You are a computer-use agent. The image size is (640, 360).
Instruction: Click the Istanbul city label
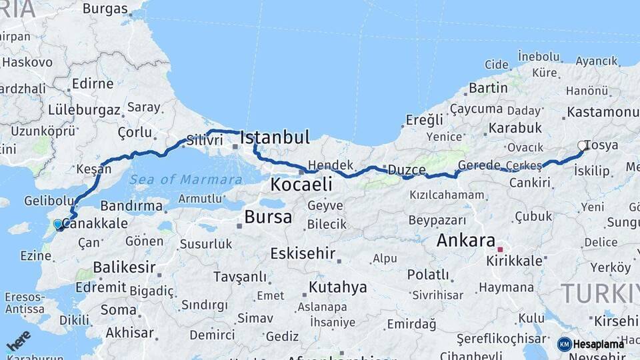[275, 138]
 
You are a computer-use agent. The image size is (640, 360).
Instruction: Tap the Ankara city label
[466, 241]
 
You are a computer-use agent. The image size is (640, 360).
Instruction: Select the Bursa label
[268, 217]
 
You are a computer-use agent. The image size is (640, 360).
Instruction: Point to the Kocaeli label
[301, 184]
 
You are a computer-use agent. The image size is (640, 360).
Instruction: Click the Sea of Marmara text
[185, 179]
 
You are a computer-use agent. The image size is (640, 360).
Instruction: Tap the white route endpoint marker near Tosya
[583, 145]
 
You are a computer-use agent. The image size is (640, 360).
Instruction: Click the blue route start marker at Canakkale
[58, 225]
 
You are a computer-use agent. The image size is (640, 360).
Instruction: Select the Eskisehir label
[303, 253]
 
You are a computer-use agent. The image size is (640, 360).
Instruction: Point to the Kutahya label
[337, 287]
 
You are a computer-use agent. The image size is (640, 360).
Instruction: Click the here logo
[18, 341]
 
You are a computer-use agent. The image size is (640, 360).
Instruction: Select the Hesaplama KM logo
[591, 344]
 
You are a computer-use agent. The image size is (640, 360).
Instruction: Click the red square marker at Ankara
[500, 249]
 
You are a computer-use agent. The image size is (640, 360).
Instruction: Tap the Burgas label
[105, 9]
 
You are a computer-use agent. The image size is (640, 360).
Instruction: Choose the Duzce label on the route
[406, 170]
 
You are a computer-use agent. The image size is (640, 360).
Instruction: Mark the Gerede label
[479, 165]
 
